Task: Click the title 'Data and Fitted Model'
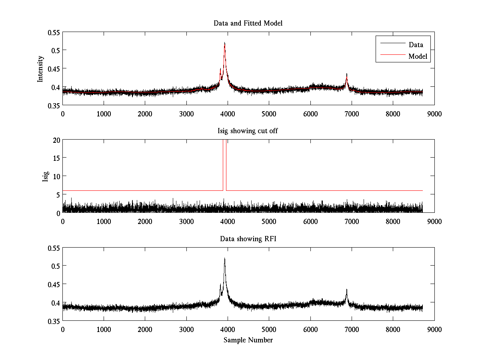click(248, 23)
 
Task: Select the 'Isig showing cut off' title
click(248, 131)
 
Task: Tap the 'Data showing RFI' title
click(248, 239)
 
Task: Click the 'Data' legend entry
click(416, 45)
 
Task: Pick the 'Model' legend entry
click(418, 56)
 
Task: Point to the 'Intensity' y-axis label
click(40, 68)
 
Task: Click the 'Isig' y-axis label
click(45, 176)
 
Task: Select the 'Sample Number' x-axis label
click(248, 340)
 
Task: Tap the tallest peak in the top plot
click(225, 43)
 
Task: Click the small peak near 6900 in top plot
click(347, 74)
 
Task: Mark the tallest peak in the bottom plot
click(225, 258)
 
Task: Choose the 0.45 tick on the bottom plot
click(52, 284)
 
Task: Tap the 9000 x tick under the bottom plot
click(434, 329)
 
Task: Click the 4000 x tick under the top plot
click(228, 113)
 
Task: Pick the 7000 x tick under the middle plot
click(352, 221)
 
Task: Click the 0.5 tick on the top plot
click(54, 50)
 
